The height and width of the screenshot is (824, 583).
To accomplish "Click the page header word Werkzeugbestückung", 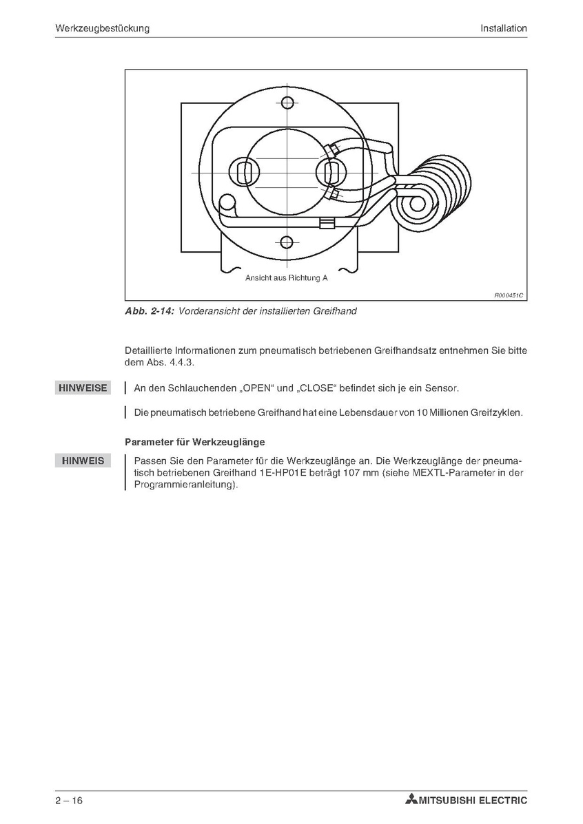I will tap(103, 28).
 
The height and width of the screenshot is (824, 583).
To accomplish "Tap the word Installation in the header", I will tap(504, 28).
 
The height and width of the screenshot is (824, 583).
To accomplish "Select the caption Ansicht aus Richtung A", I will tap(287, 278).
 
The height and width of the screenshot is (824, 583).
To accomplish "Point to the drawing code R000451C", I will tap(509, 295).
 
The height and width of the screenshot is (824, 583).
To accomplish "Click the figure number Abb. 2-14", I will tap(150, 311).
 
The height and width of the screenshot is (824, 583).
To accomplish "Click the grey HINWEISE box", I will tap(83, 388).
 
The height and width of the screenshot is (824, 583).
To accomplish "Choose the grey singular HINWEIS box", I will tap(83, 461).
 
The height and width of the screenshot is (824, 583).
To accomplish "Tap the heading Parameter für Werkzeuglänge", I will tap(195, 441).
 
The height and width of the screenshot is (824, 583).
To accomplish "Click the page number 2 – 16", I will tap(70, 800).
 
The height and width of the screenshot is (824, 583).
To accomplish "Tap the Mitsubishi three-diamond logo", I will tap(411, 800).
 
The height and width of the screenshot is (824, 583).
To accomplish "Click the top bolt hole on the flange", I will tap(287, 104).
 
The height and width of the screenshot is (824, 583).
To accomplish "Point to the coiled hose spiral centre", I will tap(416, 204).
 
